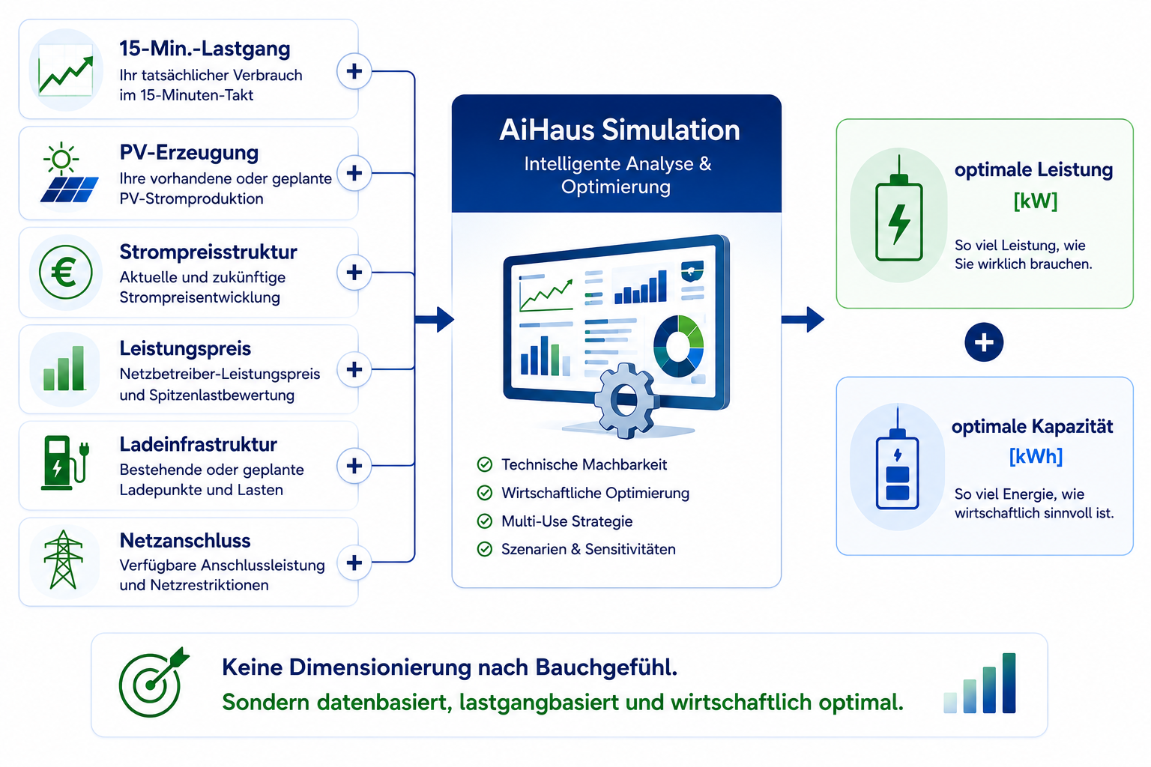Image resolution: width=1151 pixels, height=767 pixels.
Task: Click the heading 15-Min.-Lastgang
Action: point(205,49)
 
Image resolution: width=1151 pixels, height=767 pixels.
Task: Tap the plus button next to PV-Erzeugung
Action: point(354,173)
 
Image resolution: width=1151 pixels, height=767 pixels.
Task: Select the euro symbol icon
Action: point(66,273)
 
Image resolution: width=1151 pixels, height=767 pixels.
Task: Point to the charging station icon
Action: point(65,462)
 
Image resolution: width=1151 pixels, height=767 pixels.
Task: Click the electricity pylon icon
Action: point(63,560)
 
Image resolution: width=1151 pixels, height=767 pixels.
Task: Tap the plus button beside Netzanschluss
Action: point(354,563)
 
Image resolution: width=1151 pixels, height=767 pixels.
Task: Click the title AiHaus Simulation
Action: point(619,130)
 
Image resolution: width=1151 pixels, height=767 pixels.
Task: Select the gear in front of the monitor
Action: point(626,400)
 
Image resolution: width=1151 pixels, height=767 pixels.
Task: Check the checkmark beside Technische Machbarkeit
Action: point(485,464)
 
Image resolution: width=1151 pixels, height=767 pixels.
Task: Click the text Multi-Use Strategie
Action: point(567,521)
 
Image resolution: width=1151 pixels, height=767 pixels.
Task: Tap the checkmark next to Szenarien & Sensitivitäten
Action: point(485,549)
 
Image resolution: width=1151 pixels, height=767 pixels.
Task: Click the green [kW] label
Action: point(1036,201)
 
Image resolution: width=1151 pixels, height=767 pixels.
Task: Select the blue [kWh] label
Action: point(1036,456)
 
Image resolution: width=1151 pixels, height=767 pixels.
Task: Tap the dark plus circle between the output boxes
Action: point(984,342)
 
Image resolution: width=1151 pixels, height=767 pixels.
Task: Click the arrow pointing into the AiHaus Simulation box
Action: point(434,320)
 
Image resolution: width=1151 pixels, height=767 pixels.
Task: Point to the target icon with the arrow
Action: point(154,682)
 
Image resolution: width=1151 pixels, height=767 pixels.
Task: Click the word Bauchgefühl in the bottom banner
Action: point(606,668)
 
